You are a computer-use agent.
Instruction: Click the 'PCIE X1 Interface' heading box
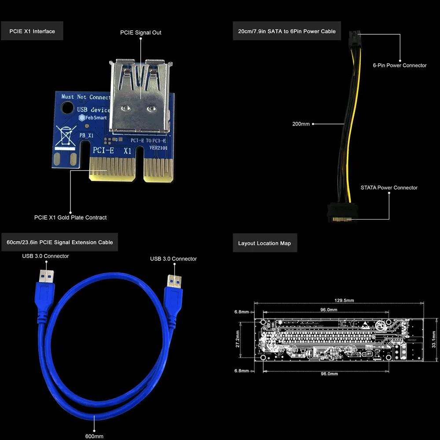[x=32, y=31]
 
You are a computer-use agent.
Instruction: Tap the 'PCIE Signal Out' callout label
[x=141, y=33]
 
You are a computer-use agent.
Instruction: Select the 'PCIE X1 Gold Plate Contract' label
[x=70, y=217]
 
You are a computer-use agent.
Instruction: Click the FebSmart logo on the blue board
[x=92, y=117]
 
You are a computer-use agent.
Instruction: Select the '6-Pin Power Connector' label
[x=400, y=65]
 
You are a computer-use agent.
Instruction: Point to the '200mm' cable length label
[x=301, y=124]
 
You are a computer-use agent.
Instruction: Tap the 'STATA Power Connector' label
[x=389, y=187]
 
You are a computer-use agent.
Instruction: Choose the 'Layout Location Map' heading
[x=264, y=243]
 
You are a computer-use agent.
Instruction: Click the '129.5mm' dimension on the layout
[x=344, y=301]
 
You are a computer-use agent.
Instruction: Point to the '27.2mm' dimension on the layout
[x=238, y=339]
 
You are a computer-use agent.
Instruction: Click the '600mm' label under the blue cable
[x=95, y=436]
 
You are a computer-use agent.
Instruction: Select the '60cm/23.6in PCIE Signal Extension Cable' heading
[x=60, y=242]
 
